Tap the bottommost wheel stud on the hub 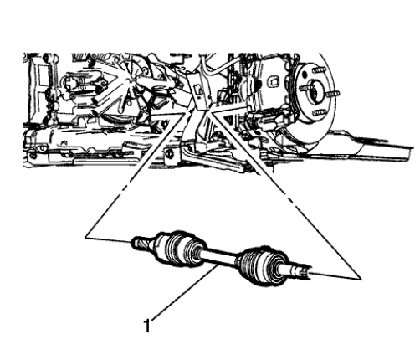pos(317,111)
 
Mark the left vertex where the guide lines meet pos(87,238)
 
